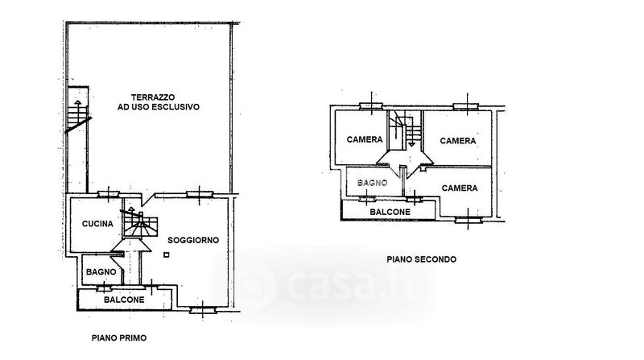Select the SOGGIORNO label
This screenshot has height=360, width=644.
192,240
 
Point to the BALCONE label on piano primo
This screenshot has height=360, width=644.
124,300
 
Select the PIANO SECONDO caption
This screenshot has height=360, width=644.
421,259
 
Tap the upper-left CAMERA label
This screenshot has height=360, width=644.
365,139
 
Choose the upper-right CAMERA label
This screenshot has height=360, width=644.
457,140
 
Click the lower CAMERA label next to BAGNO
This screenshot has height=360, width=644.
460,188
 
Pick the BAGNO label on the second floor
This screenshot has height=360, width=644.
374,184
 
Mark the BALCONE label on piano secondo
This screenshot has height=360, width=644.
390,212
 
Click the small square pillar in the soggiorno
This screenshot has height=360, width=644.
165,254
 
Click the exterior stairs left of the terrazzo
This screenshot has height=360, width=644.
76,113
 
